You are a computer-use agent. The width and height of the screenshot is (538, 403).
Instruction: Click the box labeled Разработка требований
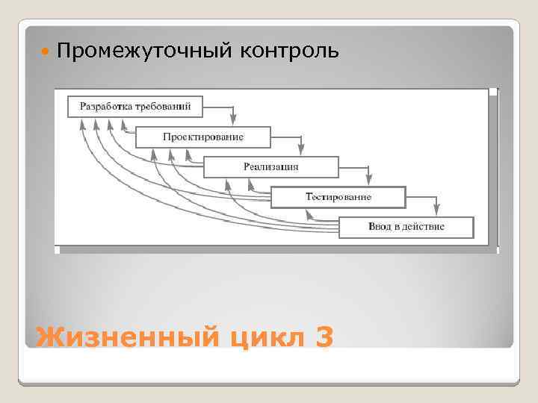135,106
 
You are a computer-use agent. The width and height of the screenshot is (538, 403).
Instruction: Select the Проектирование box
202,137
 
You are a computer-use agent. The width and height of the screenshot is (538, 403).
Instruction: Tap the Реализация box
270,166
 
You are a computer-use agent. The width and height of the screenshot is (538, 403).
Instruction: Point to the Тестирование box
338,196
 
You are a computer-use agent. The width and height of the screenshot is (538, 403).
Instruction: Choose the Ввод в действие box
406,226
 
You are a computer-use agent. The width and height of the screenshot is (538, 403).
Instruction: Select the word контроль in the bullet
290,51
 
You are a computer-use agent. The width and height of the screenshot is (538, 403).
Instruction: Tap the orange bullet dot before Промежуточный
46,52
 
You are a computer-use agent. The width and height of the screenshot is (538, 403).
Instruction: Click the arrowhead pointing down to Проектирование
234,119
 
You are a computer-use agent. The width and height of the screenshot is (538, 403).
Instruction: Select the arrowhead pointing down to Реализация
300,149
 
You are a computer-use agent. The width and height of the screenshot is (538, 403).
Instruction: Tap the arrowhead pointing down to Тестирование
368,179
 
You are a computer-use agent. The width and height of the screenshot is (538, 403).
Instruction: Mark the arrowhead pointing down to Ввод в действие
436,209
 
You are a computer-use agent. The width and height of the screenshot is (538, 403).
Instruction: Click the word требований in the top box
163,106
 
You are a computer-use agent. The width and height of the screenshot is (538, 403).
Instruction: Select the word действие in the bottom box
424,226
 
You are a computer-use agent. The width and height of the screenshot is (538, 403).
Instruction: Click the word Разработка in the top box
105,106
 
